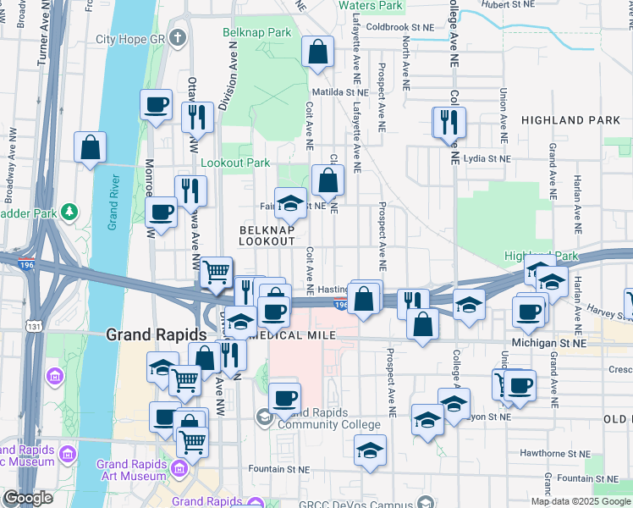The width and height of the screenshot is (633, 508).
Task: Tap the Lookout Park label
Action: (x=235, y=163)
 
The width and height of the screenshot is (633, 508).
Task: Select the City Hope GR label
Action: (x=133, y=39)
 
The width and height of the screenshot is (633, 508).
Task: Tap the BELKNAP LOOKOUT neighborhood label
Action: (x=267, y=235)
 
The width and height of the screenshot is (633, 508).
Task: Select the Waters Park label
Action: (x=371, y=5)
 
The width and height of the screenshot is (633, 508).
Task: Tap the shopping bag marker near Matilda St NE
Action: (x=316, y=52)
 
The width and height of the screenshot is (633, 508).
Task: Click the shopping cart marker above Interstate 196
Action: (x=217, y=272)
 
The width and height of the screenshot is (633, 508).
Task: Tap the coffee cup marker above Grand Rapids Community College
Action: (x=284, y=397)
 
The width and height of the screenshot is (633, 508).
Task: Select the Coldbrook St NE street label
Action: (x=401, y=27)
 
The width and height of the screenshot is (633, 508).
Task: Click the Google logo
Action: (x=27, y=498)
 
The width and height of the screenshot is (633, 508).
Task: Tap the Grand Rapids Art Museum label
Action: (x=131, y=470)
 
